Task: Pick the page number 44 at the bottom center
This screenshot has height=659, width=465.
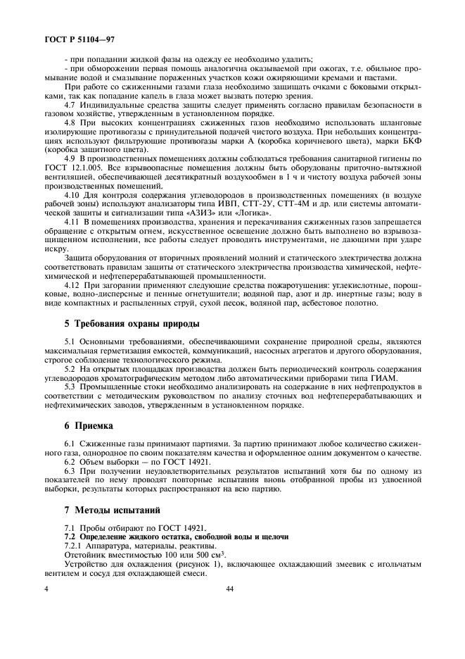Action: click(230, 589)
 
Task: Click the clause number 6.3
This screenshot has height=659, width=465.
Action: click(70, 471)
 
